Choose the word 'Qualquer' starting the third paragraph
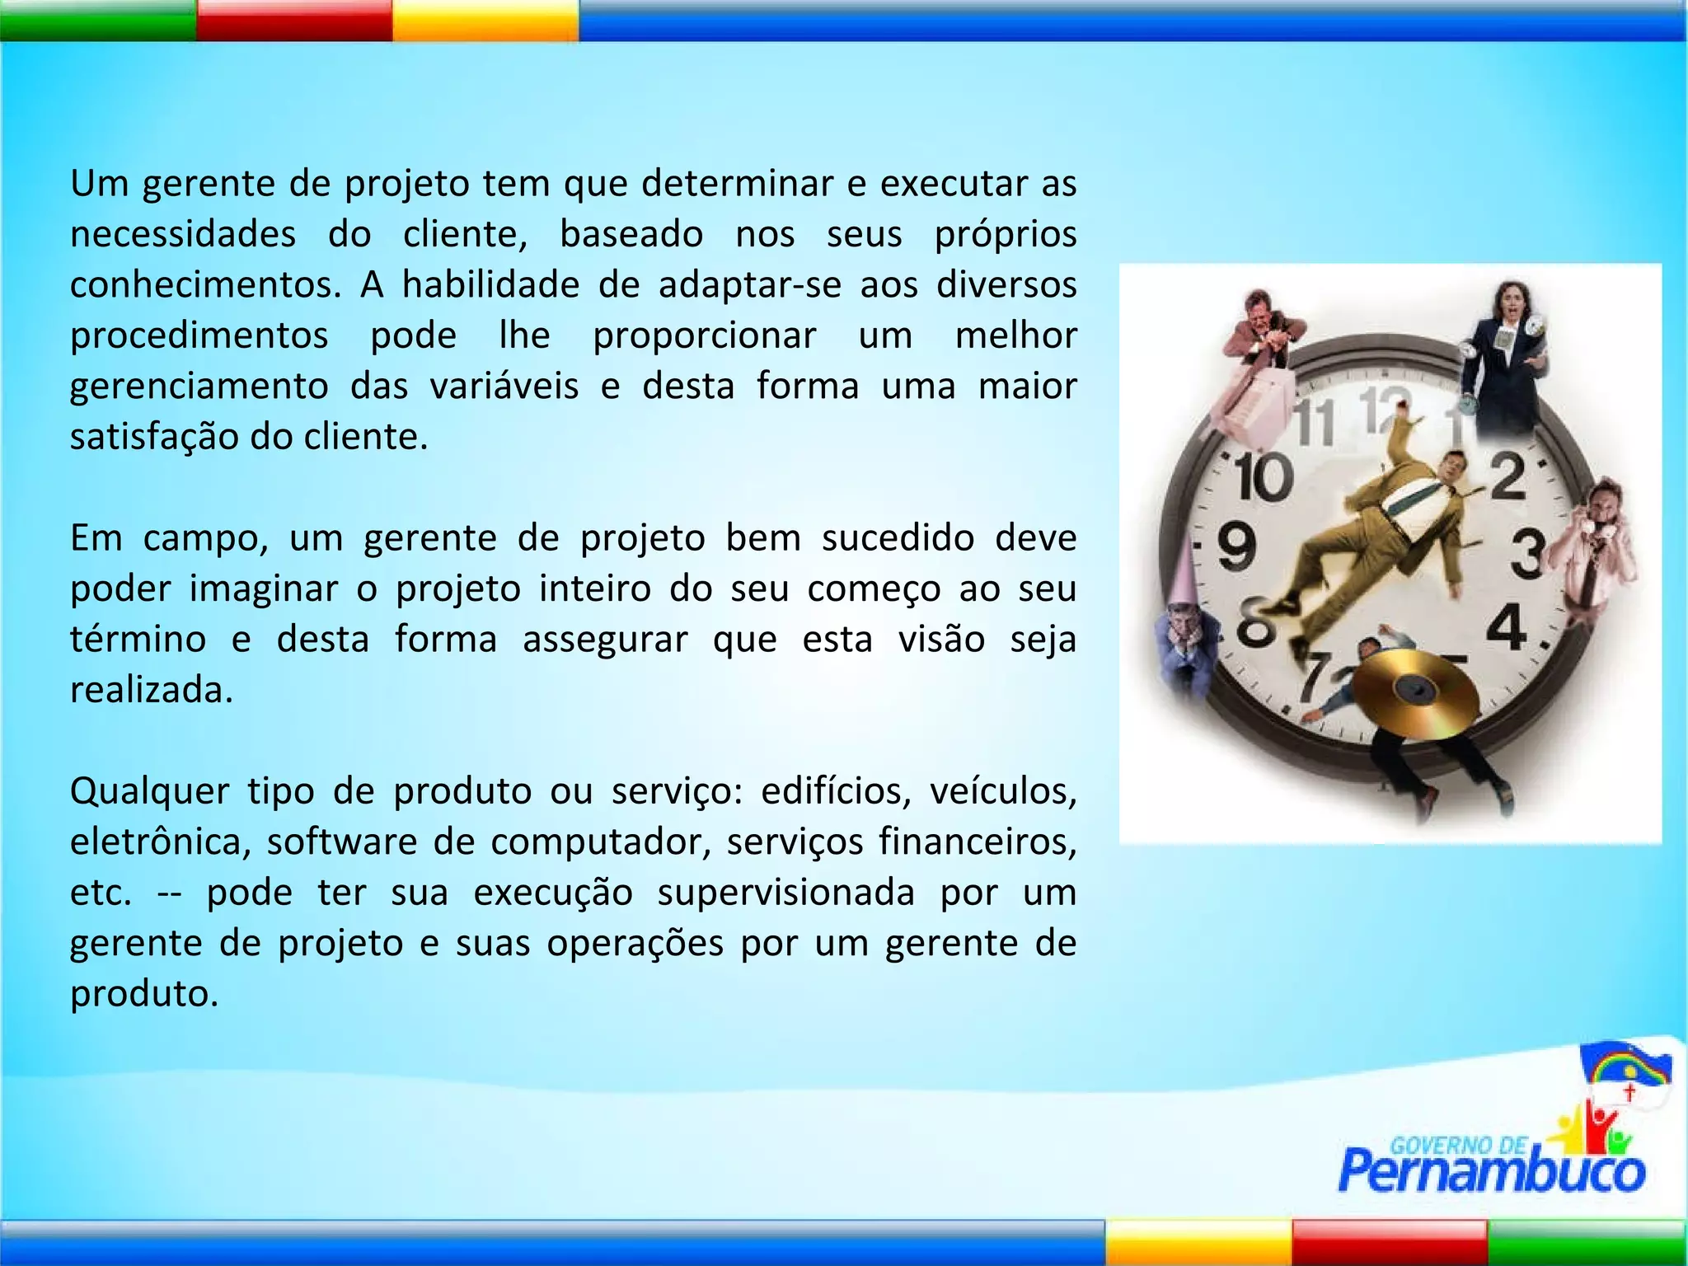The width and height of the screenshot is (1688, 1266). point(149,792)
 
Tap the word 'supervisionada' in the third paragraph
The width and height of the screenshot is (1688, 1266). point(785,893)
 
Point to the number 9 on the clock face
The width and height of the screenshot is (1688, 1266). point(1236,547)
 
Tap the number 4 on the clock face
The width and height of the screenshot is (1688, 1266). point(1507,628)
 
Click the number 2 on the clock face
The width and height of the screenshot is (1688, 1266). point(1508,476)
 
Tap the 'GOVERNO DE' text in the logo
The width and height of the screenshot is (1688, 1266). point(1457,1145)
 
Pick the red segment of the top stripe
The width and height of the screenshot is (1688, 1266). point(294,20)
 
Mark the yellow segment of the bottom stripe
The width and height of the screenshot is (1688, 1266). point(1198,1242)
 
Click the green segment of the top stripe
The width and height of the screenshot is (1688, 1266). point(97,20)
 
